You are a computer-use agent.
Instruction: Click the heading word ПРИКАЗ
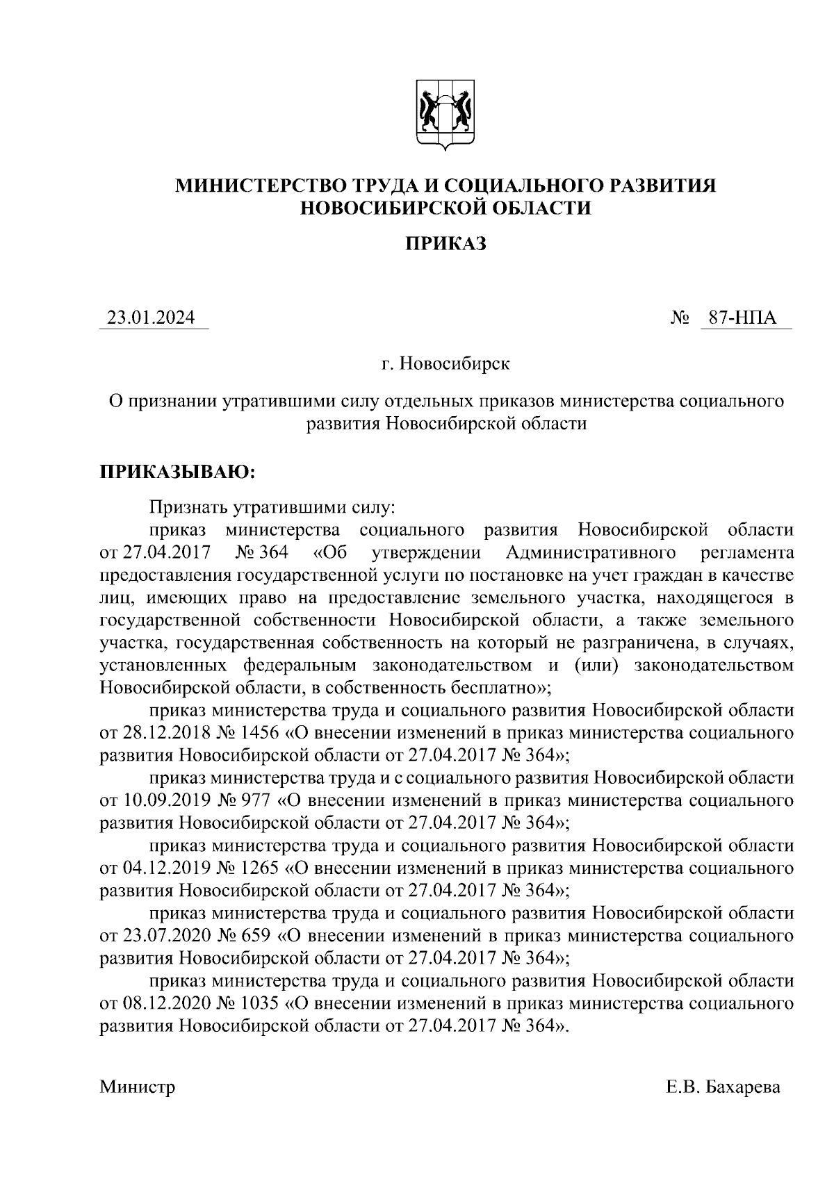click(x=445, y=244)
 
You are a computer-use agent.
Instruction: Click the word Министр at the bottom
click(x=138, y=1087)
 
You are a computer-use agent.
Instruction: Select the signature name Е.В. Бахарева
click(x=723, y=1087)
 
